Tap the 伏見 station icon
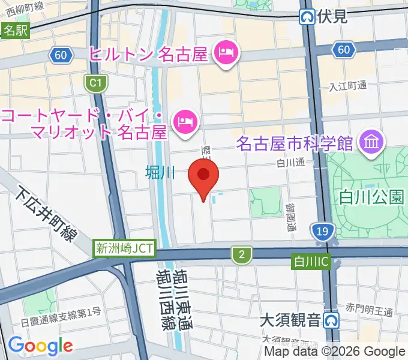coord(308,17)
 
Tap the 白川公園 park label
coord(371,196)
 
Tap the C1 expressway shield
coord(94,83)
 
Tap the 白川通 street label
coord(291,163)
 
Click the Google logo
coord(40,346)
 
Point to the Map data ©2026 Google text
coord(335,352)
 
